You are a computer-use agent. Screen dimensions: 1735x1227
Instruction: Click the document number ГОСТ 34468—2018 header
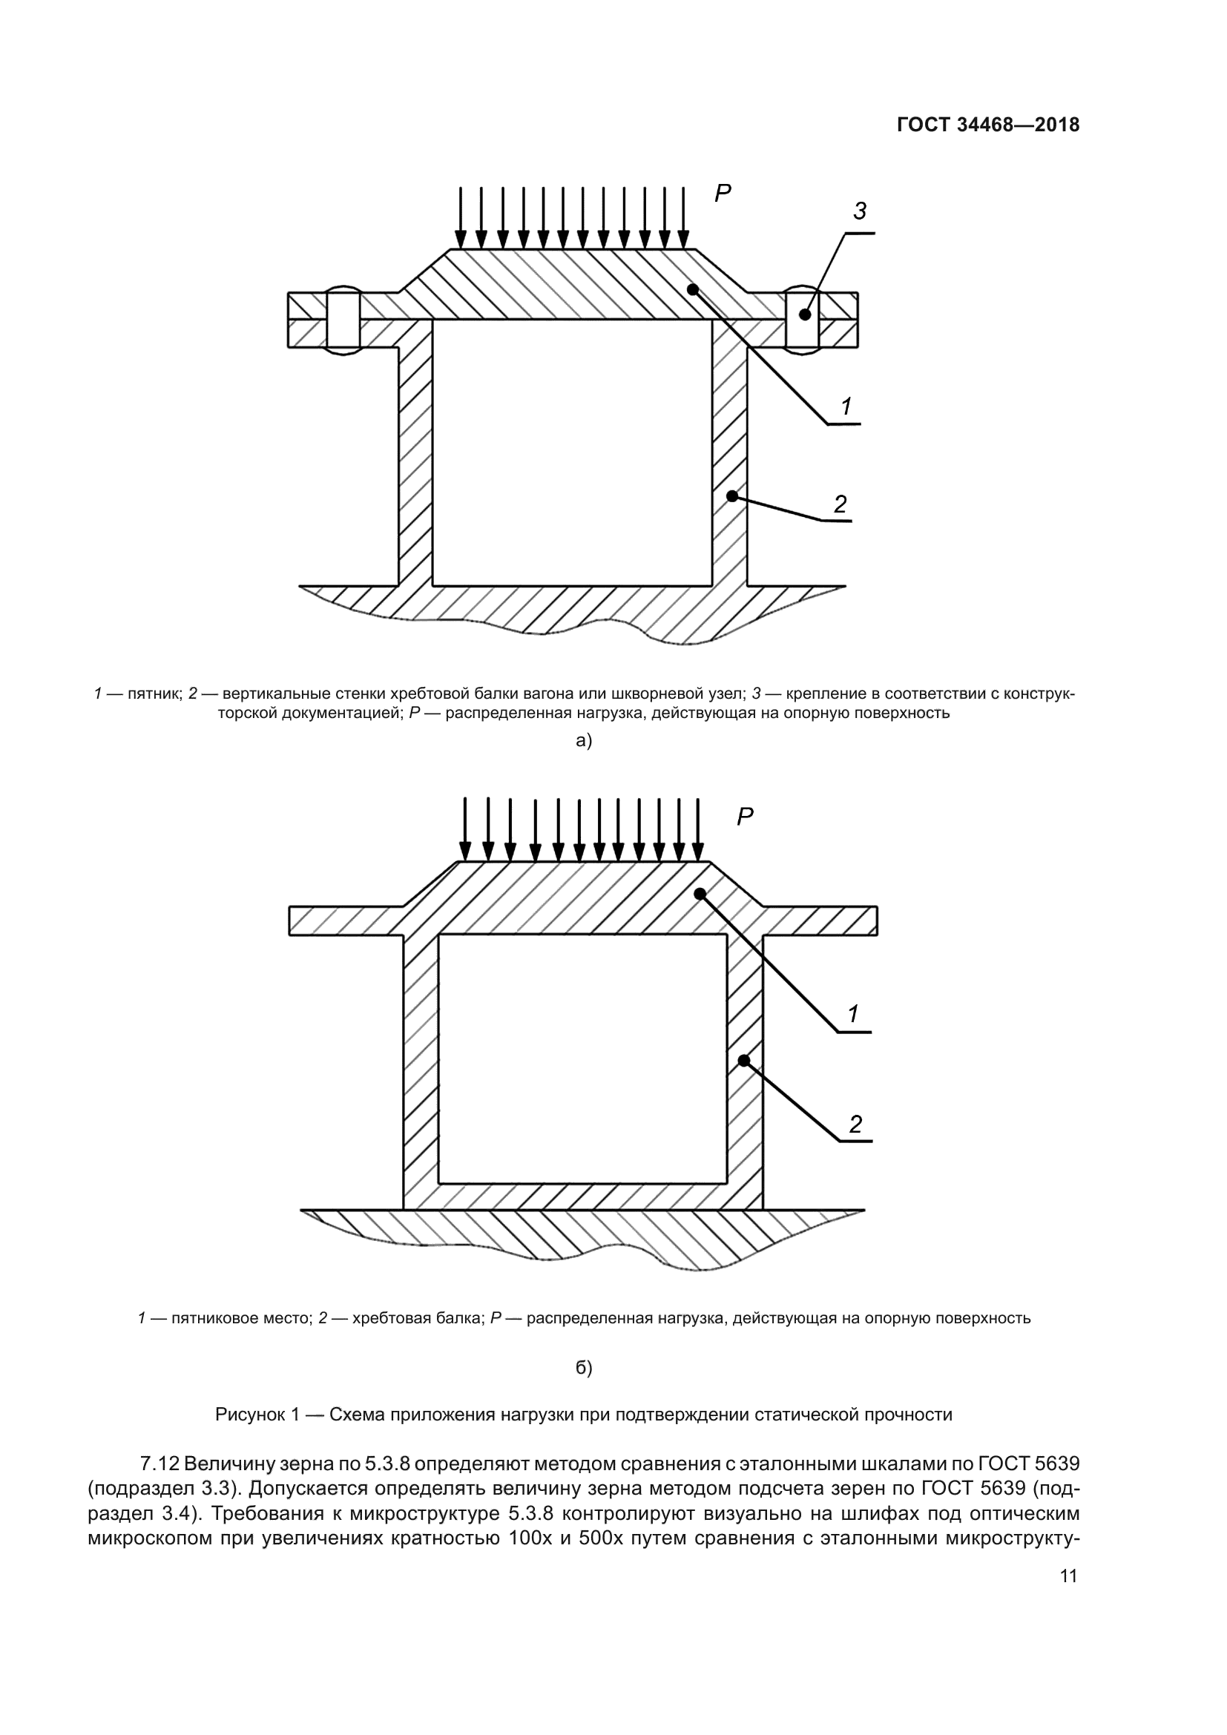[987, 125]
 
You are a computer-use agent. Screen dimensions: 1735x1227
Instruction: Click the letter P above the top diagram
[723, 194]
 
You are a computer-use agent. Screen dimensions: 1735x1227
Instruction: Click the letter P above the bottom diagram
[744, 816]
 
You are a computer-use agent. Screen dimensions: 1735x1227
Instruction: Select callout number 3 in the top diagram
[860, 211]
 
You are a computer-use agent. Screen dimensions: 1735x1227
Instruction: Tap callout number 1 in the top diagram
[847, 406]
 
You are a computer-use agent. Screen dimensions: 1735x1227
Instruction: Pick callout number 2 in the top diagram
[841, 503]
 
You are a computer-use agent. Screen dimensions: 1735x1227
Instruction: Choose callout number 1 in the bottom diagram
[853, 1014]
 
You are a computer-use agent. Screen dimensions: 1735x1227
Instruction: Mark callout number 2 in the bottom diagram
[855, 1125]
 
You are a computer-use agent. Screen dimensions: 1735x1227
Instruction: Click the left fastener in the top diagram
[343, 319]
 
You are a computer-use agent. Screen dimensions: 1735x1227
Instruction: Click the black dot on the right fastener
[805, 315]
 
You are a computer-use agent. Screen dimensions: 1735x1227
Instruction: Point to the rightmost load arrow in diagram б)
[697, 829]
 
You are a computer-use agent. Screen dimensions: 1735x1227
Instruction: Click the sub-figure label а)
[583, 740]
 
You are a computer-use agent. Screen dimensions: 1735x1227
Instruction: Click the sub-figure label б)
[583, 1367]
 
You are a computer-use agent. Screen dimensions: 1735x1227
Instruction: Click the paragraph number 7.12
[159, 1464]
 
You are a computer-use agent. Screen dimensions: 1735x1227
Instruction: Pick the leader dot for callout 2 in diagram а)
[731, 496]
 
